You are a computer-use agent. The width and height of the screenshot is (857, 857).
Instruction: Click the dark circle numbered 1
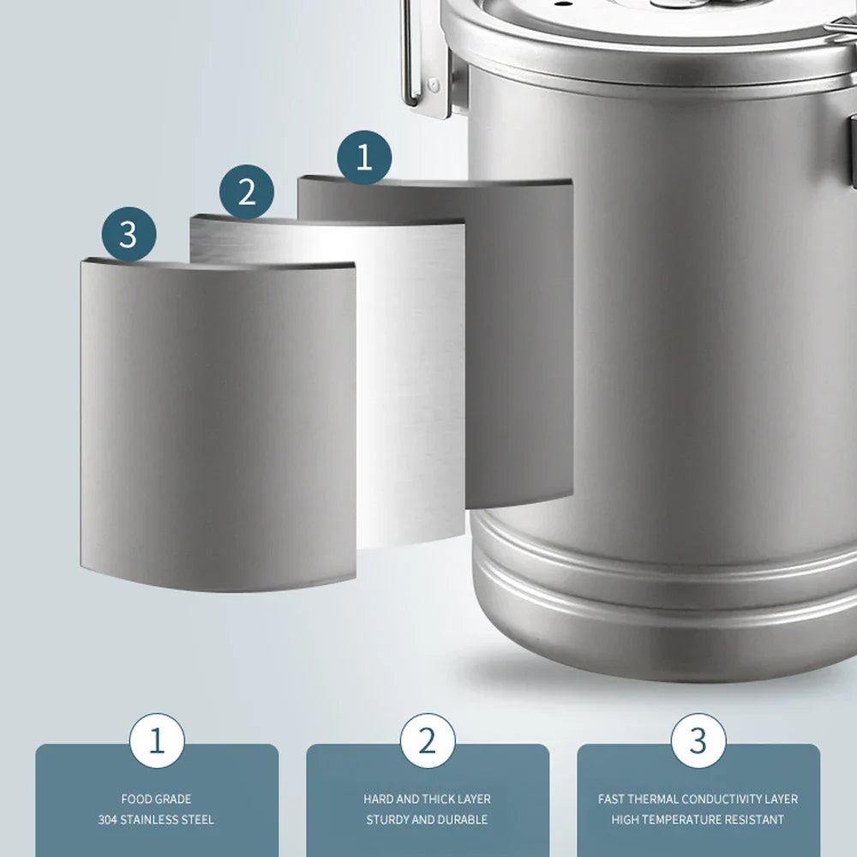point(364,158)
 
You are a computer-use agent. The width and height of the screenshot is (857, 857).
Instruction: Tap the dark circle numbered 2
point(247,192)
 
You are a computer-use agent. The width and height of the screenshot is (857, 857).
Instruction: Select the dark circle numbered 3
point(129,233)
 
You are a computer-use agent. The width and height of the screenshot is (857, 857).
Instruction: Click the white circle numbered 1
point(156,740)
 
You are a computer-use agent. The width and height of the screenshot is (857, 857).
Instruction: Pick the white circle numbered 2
point(427,740)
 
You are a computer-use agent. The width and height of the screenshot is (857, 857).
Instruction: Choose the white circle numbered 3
point(698,740)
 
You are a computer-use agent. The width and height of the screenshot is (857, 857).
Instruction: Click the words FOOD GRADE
point(156,799)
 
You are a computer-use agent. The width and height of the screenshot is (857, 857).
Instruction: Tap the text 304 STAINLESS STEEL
point(156,820)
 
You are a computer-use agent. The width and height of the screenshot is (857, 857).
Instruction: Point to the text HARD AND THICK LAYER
point(427,799)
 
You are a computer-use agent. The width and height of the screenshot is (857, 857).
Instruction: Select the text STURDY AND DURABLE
point(427,820)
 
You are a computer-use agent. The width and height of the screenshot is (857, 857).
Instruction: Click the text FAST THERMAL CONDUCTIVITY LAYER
point(698,799)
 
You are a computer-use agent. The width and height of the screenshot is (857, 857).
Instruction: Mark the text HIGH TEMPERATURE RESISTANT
point(698,820)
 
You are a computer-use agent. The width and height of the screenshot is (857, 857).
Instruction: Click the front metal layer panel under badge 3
point(218,428)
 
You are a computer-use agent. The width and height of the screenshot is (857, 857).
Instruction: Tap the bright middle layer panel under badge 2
point(411,386)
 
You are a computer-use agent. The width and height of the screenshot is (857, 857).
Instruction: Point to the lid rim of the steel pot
point(651,47)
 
